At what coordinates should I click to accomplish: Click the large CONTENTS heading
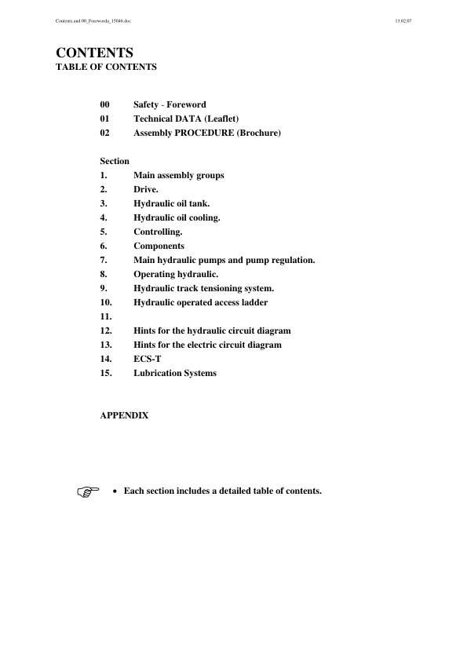(x=94, y=53)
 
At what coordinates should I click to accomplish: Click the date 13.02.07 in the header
(x=405, y=20)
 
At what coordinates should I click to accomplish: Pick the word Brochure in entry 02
(x=257, y=133)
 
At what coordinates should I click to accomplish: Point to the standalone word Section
(x=115, y=161)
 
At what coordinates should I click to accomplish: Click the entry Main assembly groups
(x=178, y=175)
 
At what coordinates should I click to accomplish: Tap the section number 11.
(x=107, y=316)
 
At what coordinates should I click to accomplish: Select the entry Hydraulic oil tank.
(x=171, y=203)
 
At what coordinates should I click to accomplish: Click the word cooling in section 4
(x=202, y=217)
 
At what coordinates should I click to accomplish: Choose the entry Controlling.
(x=158, y=232)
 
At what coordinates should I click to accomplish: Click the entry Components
(x=159, y=246)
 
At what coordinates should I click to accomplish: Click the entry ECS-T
(x=147, y=359)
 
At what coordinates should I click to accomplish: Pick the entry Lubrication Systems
(x=174, y=373)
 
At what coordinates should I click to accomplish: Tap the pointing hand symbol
(x=90, y=492)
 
